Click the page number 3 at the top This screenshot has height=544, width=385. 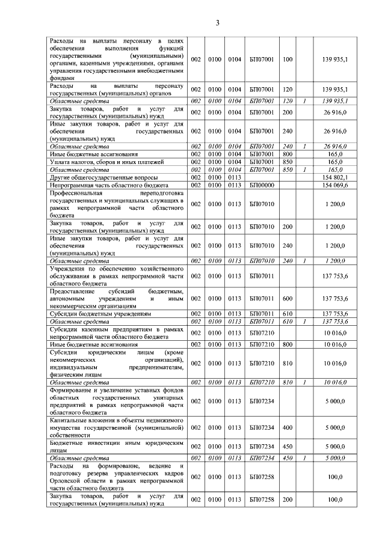click(x=218, y=23)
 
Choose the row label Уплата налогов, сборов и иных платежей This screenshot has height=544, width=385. click(x=103, y=162)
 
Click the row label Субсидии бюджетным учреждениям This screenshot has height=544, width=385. click(x=99, y=314)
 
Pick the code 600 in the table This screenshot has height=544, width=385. click(x=287, y=298)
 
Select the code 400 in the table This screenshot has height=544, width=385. click(x=287, y=426)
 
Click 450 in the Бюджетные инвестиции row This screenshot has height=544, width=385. click(x=287, y=446)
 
